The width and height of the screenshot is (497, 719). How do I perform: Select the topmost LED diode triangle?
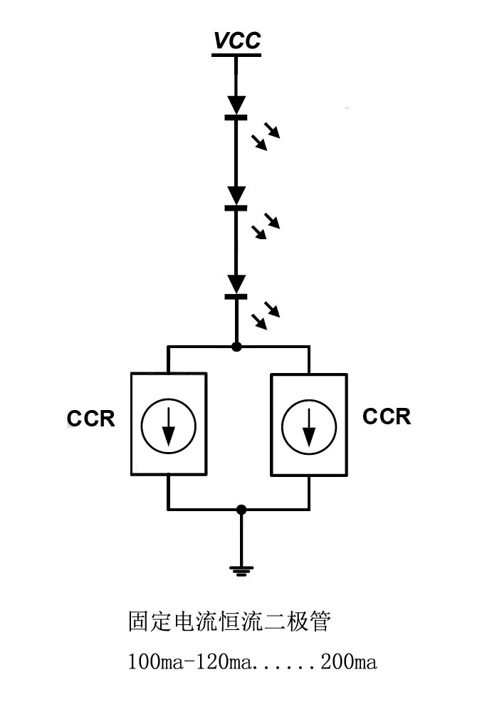point(236,105)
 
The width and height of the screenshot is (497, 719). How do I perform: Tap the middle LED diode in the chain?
point(236,196)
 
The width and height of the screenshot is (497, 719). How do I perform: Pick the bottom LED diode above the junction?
point(236,284)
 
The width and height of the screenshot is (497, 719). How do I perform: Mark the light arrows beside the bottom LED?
point(265,315)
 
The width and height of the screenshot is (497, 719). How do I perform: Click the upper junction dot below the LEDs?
point(236,347)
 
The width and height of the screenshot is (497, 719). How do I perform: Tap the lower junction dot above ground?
point(241,510)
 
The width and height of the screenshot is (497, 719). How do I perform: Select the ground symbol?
point(241,569)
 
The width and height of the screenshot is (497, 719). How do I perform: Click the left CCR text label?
point(90,419)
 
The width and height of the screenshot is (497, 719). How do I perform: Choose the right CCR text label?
point(387,416)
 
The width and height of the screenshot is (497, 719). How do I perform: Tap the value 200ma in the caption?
point(348,663)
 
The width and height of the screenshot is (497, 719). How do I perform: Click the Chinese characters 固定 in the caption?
point(150,621)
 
